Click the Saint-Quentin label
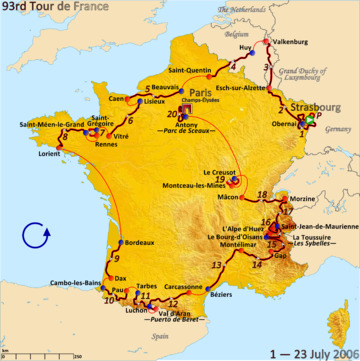[190, 71]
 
